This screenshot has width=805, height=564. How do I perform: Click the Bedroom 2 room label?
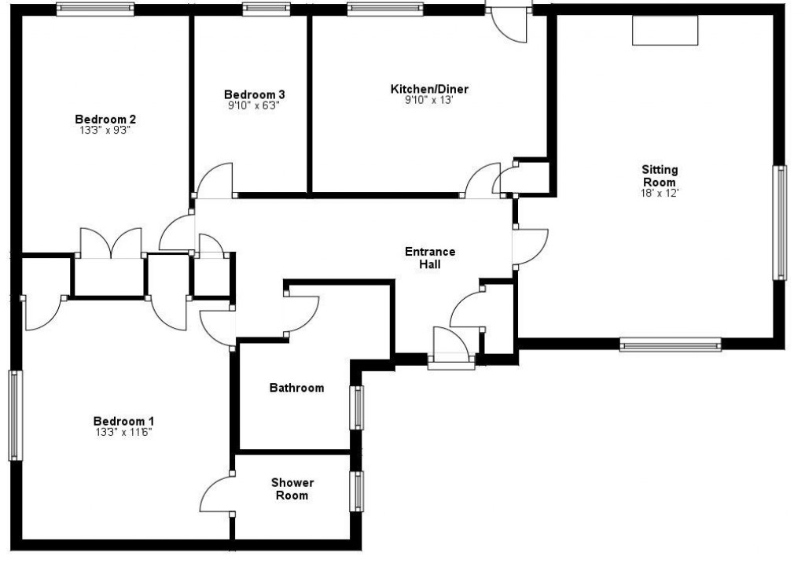(x=105, y=120)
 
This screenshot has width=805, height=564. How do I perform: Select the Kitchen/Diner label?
(x=429, y=90)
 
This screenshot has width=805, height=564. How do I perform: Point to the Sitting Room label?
(x=660, y=175)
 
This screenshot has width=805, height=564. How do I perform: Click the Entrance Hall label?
(x=429, y=258)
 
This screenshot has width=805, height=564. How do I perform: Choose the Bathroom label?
(x=296, y=388)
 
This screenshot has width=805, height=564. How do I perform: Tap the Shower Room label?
(x=292, y=488)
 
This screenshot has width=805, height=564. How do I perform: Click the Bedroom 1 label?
(x=123, y=420)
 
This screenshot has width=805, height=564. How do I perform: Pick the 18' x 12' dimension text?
(x=660, y=193)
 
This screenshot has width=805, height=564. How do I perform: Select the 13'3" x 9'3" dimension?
(x=105, y=131)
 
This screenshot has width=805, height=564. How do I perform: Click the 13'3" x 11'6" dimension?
(x=123, y=432)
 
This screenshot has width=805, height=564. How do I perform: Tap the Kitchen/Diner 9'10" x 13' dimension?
(x=429, y=101)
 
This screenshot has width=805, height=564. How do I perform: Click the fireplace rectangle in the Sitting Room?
(x=665, y=30)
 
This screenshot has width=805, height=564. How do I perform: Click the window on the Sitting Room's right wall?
(x=780, y=222)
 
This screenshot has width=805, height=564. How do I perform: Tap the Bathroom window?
(x=358, y=407)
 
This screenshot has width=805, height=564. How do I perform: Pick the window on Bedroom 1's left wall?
(x=15, y=415)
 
